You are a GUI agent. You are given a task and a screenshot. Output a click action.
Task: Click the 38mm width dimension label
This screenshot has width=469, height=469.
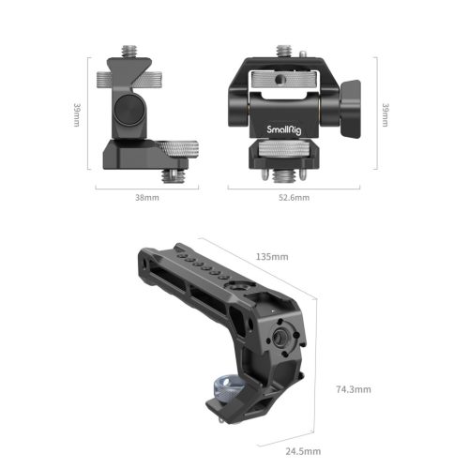tap(147, 199)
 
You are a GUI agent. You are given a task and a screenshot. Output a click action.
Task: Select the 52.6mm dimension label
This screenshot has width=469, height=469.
tap(295, 199)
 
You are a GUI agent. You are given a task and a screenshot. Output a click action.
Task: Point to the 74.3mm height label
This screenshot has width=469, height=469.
tap(355, 388)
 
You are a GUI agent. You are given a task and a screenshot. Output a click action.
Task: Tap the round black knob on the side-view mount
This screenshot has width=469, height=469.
tap(127, 113)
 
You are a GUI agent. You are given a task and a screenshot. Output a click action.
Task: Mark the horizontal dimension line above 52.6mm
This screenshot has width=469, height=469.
tap(294, 188)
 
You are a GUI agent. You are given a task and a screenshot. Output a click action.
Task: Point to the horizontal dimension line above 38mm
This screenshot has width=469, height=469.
tap(147, 188)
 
